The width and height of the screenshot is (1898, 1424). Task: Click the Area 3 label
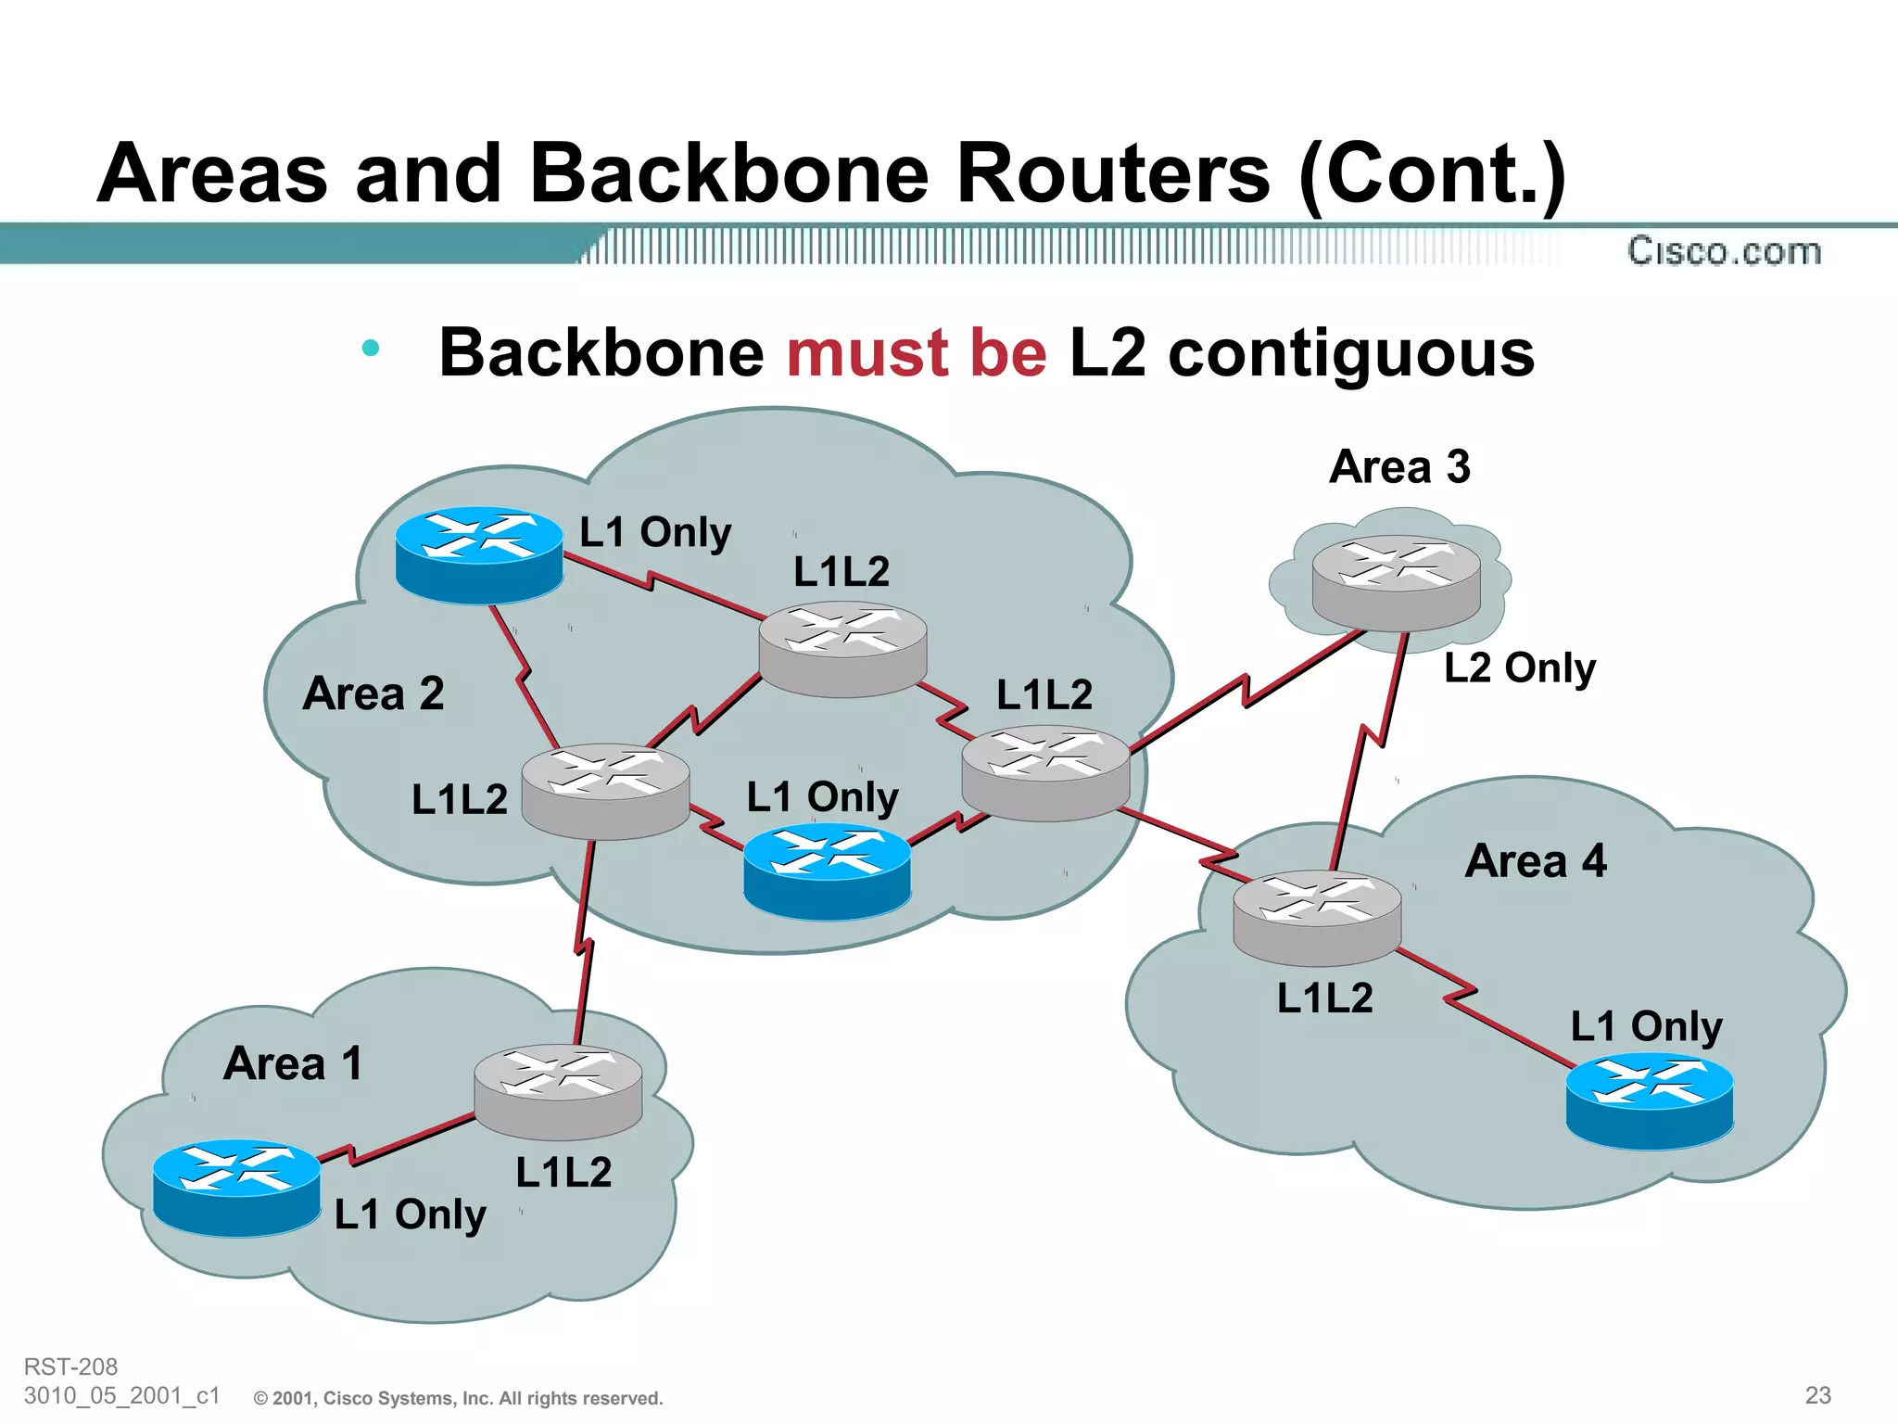coord(1399,466)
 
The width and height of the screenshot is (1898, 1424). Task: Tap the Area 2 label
coord(373,693)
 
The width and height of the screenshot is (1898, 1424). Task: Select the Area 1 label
coord(293,1063)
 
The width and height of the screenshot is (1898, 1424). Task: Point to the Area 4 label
coord(1536,861)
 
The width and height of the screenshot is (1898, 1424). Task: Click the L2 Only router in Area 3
coord(1397,582)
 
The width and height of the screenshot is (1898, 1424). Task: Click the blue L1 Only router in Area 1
coord(236,1187)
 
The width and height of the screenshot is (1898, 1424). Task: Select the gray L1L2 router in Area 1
coord(558,1091)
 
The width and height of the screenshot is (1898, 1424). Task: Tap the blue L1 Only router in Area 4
coord(1650,1100)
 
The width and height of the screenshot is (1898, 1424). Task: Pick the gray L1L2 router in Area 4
coord(1317,918)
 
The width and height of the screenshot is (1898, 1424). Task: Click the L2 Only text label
coord(1520,667)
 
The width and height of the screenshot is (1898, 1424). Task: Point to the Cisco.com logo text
coord(1724,251)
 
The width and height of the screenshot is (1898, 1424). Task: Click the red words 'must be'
coord(917,353)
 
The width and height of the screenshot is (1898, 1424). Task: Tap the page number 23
coord(1817,1394)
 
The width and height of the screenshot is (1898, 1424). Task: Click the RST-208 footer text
coord(70,1367)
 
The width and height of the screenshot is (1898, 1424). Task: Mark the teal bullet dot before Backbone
coord(371,349)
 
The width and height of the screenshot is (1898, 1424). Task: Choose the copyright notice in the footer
coord(459,1398)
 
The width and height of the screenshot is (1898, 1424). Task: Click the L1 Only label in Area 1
coord(410,1214)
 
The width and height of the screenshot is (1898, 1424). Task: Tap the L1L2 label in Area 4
coord(1324,998)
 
